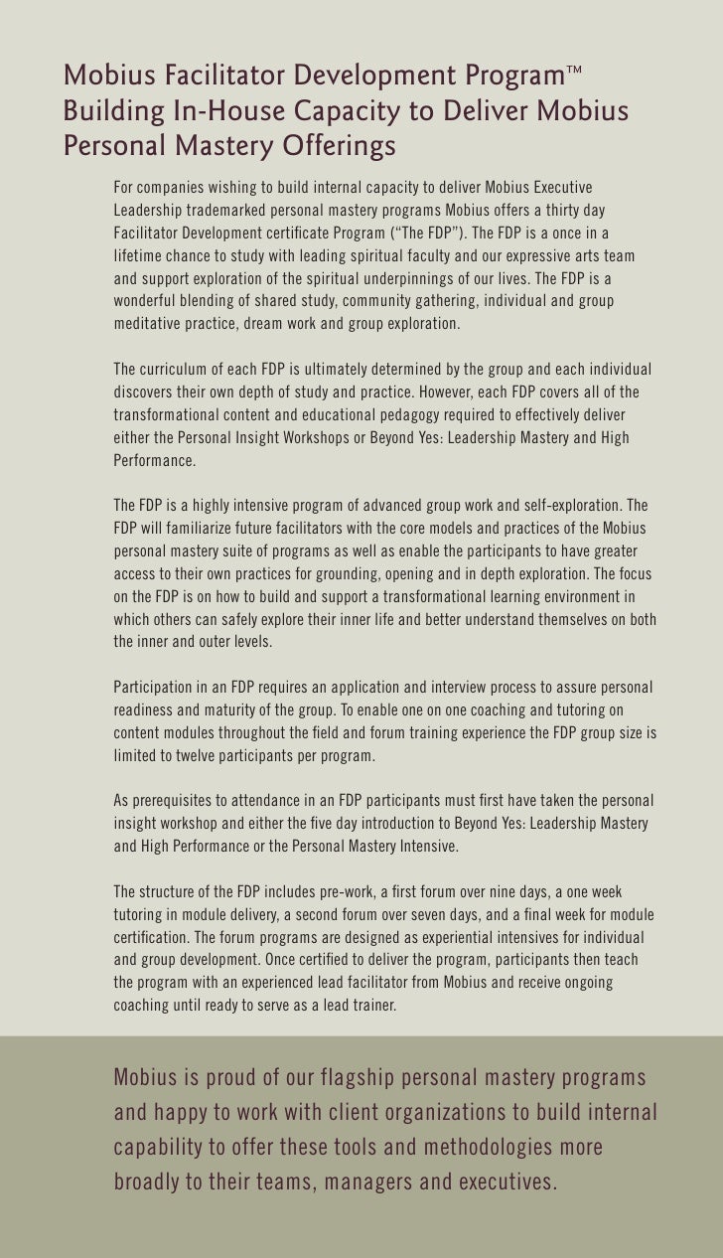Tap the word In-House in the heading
[212, 111]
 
